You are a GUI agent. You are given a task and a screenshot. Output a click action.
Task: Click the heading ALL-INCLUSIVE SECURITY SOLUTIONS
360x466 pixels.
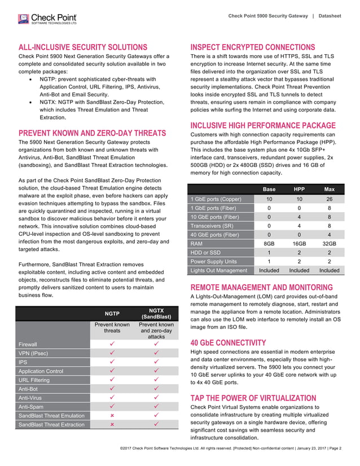point(84,47)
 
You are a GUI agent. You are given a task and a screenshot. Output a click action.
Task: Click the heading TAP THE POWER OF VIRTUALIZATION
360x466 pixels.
point(253,397)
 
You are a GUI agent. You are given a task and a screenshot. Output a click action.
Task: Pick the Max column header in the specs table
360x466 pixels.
point(329,188)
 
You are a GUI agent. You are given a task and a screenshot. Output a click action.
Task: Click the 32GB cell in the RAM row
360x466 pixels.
point(329,244)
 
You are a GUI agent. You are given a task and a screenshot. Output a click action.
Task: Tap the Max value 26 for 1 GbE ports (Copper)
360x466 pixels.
point(329,199)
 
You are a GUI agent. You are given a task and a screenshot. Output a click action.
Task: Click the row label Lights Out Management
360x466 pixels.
point(219,270)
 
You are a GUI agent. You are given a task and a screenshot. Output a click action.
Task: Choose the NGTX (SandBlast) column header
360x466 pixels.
point(156,313)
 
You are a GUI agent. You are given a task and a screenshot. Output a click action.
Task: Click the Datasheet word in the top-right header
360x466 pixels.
point(330,16)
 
